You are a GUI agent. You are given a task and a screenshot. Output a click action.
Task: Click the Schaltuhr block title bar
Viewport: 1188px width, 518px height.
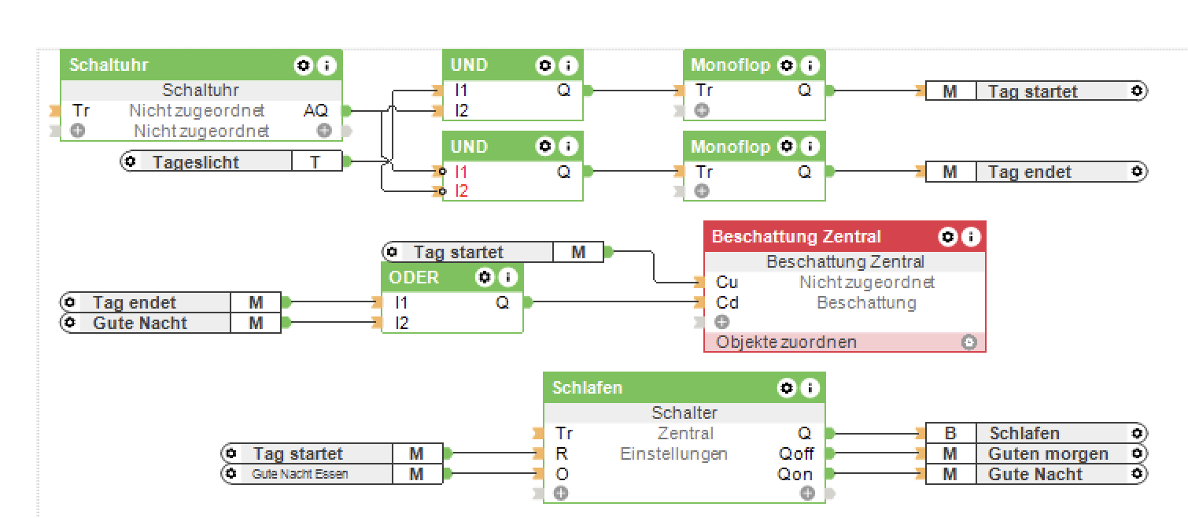pyautogui.click(x=157, y=65)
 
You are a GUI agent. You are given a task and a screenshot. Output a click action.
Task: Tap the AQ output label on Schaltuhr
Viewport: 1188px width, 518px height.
pyautogui.click(x=315, y=111)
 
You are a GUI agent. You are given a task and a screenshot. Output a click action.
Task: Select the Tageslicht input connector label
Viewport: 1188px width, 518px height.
pyautogui.click(x=195, y=162)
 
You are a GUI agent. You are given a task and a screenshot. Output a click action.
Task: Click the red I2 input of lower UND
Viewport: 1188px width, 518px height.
pyautogui.click(x=461, y=191)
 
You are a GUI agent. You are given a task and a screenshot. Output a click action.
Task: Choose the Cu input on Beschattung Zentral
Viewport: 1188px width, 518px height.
pyautogui.click(x=727, y=282)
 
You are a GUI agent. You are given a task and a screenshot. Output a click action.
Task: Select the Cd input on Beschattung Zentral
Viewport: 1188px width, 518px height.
pyautogui.click(x=727, y=302)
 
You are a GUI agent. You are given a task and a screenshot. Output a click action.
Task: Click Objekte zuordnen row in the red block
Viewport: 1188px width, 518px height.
pyautogui.click(x=787, y=342)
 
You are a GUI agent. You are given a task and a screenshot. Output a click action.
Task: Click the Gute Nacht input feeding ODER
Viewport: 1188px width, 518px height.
pyautogui.click(x=140, y=323)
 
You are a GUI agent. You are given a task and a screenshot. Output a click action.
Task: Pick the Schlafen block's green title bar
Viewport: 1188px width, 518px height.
pyautogui.click(x=645, y=387)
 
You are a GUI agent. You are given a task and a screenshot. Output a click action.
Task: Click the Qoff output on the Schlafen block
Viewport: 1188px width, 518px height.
pyautogui.click(x=796, y=453)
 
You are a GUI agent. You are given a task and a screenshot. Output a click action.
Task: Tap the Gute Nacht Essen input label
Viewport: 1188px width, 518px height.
pyautogui.click(x=300, y=474)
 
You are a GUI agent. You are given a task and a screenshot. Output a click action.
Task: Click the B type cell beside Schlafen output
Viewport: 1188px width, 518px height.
pyautogui.click(x=950, y=433)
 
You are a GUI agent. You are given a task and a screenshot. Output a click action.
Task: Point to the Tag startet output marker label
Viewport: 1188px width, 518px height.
pyautogui.click(x=1032, y=91)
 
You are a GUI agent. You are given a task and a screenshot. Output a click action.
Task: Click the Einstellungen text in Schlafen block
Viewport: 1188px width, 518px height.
pyautogui.click(x=673, y=453)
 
